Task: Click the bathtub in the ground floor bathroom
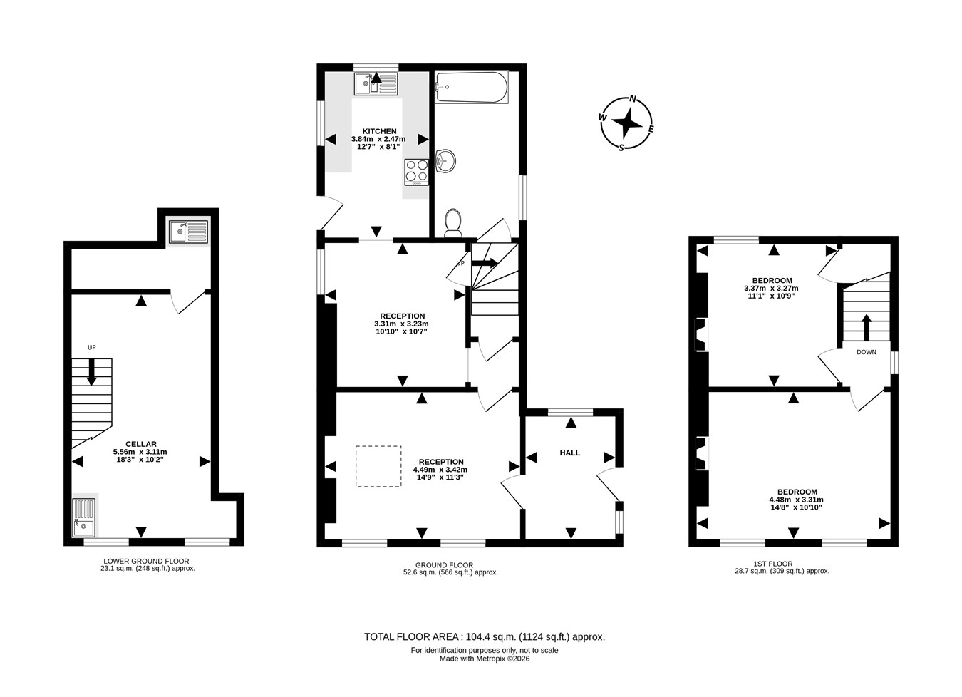472,87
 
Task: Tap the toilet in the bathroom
452,223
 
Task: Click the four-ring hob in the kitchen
417,172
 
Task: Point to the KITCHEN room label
379,131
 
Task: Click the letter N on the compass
633,99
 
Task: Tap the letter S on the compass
621,148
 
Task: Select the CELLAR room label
141,444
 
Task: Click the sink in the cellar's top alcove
189,232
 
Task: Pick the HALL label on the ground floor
570,453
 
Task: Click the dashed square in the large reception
378,466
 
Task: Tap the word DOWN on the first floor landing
867,352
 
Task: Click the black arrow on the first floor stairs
867,327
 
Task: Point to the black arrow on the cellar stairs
91,372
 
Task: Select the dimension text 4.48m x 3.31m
796,500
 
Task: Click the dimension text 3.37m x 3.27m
771,288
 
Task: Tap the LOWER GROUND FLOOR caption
146,561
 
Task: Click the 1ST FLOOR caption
773,564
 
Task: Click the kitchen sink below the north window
376,84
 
